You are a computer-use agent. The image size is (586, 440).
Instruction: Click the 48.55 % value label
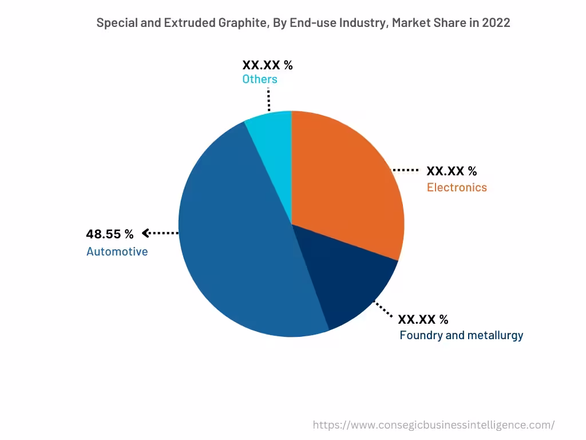point(109,234)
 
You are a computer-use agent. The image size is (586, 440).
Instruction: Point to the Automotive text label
point(117,252)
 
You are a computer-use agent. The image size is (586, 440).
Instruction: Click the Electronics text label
point(457,187)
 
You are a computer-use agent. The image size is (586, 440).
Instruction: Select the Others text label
point(259,79)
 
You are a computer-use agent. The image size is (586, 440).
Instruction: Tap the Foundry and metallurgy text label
point(461,335)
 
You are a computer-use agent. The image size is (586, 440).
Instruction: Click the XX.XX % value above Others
point(267,65)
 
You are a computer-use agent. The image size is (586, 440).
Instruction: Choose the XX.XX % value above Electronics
point(452,171)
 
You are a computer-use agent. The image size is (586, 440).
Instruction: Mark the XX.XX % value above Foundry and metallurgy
point(423,319)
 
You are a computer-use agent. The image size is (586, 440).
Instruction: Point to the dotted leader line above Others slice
point(268,99)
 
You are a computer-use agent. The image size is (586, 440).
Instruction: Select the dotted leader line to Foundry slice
point(383,309)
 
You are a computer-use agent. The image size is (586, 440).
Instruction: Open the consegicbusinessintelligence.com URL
point(433,425)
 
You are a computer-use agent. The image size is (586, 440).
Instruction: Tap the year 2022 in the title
point(496,23)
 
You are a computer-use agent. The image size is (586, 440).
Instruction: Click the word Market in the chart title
point(409,23)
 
